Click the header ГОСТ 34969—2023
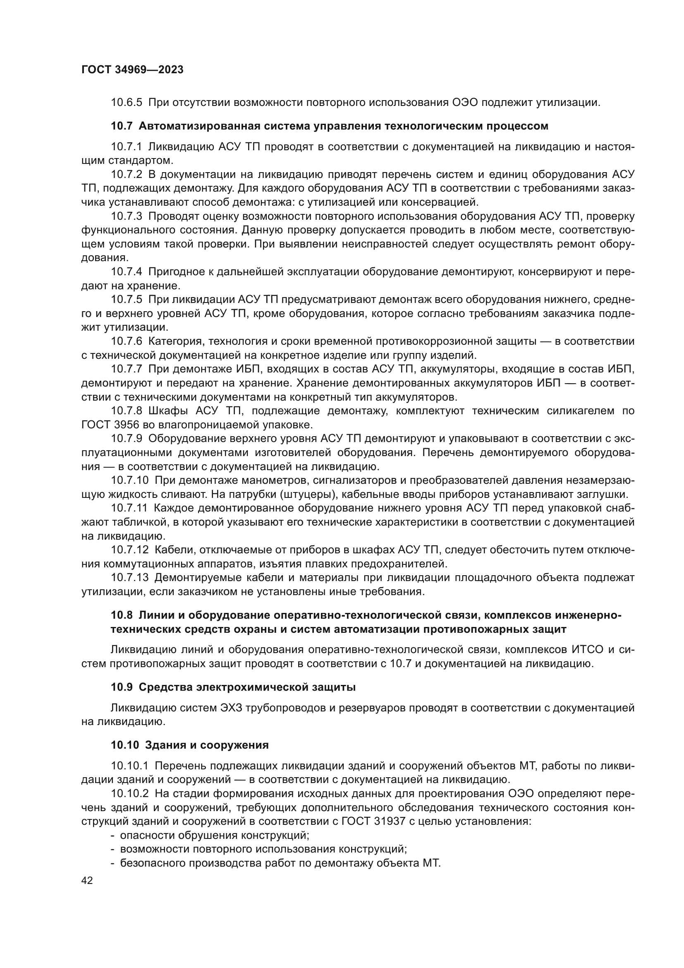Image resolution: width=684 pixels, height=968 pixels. click(132, 70)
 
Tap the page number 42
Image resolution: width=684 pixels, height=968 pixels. click(87, 880)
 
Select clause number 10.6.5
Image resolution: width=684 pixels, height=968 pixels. click(127, 103)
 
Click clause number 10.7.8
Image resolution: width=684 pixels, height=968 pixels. click(127, 411)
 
